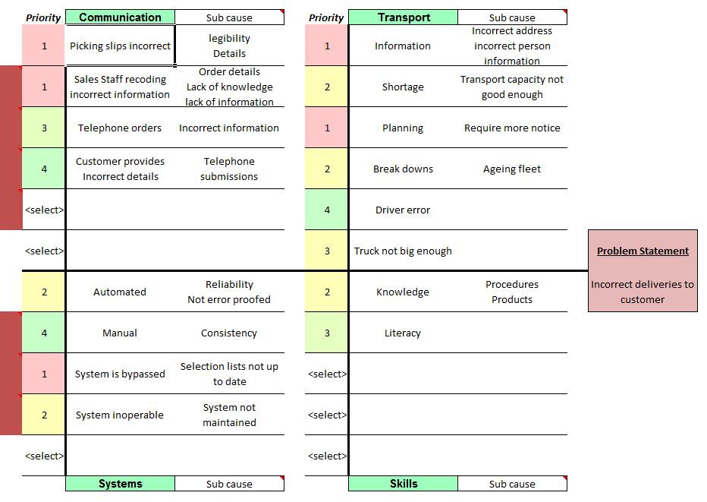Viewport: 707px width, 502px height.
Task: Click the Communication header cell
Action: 120,17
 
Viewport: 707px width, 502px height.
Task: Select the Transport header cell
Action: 403,17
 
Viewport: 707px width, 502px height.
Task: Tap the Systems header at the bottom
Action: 120,484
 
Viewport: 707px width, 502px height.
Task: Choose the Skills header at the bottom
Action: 403,484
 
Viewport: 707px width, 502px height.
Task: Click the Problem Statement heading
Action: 643,251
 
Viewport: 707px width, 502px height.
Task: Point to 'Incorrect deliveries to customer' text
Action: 643,292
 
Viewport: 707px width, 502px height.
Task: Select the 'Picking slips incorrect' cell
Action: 120,46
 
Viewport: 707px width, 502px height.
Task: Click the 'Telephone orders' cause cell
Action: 120,128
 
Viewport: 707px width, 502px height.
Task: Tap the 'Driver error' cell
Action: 403,210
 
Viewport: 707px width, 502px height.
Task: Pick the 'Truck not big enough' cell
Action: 403,251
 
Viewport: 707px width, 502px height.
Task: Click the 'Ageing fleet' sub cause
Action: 512,169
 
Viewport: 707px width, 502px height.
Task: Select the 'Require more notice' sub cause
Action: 512,128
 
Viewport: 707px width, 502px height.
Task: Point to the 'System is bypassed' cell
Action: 120,374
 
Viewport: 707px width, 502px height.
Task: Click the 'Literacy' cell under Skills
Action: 403,333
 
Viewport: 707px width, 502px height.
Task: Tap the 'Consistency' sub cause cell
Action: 229,333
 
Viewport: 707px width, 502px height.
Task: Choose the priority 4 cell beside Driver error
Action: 327,210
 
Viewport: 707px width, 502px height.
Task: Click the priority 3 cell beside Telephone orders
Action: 44,128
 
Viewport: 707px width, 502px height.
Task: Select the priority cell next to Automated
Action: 44,292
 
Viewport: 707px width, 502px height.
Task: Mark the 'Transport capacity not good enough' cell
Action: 512,87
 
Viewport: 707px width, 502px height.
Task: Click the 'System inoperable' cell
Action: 120,415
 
